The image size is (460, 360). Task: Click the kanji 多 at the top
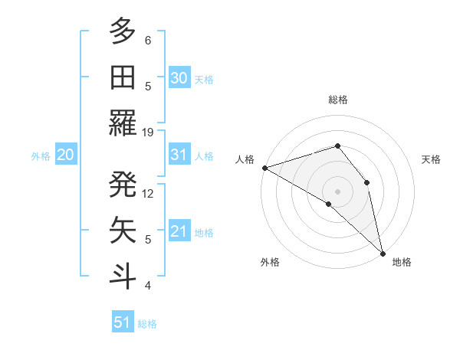point(123,32)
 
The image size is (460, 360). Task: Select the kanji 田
point(123,77)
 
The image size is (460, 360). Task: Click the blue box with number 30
point(179,78)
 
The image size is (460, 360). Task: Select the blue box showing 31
point(179,155)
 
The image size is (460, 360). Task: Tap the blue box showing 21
point(179,232)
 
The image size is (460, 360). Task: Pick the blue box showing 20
point(66,155)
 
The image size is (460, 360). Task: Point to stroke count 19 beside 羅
point(148,132)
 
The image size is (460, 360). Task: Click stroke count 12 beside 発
point(148,193)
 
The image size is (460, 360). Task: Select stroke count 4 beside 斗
point(148,286)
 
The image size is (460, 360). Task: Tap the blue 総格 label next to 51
point(147,324)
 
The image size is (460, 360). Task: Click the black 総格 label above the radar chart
point(337,100)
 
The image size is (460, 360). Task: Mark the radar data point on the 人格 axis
point(264,167)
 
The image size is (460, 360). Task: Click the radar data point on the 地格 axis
point(382,252)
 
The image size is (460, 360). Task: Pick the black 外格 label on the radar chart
point(270,262)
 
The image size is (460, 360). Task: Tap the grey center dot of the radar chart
point(337,191)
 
